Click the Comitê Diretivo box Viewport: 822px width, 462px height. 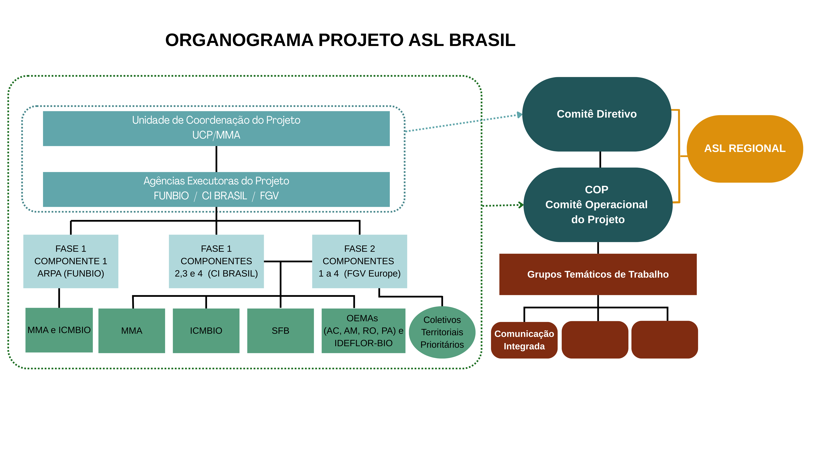pyautogui.click(x=596, y=114)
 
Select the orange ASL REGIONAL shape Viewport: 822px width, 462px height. pyautogui.click(x=744, y=149)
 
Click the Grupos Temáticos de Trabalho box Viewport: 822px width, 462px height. pyautogui.click(x=598, y=274)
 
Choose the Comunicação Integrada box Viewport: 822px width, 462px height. pyautogui.click(x=524, y=340)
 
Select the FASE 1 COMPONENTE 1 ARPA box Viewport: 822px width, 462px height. pyautogui.click(x=71, y=261)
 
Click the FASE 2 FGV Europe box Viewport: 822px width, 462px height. pyautogui.click(x=359, y=261)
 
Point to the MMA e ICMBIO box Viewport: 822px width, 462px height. pyautogui.click(x=59, y=330)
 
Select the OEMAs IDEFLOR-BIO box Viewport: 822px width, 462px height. pyautogui.click(x=363, y=331)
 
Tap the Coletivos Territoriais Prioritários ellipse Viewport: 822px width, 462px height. pyautogui.click(x=442, y=332)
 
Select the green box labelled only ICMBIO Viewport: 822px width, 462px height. pyautogui.click(x=206, y=331)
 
